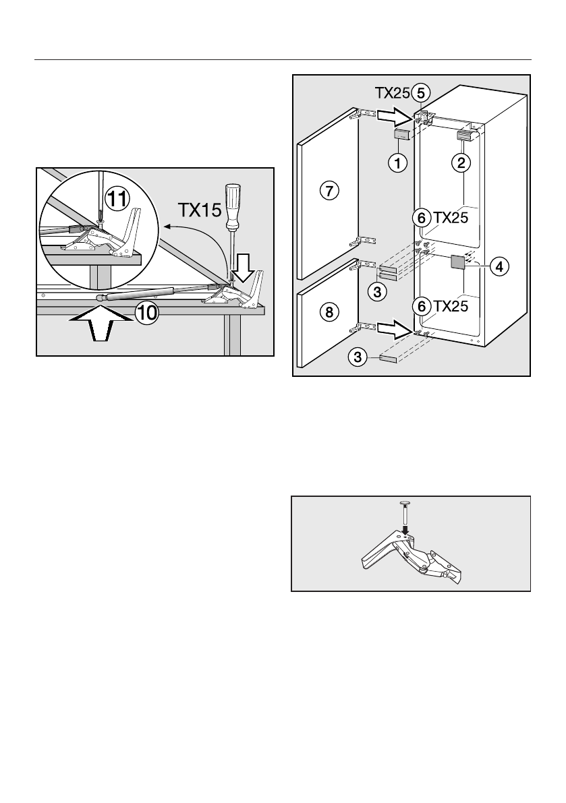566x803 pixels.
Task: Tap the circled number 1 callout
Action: (x=400, y=162)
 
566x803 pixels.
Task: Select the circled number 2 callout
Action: (x=463, y=162)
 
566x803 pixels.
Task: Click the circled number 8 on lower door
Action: (x=327, y=311)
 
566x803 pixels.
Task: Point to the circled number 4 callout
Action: (x=498, y=267)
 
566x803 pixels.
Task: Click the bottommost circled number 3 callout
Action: (x=358, y=357)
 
